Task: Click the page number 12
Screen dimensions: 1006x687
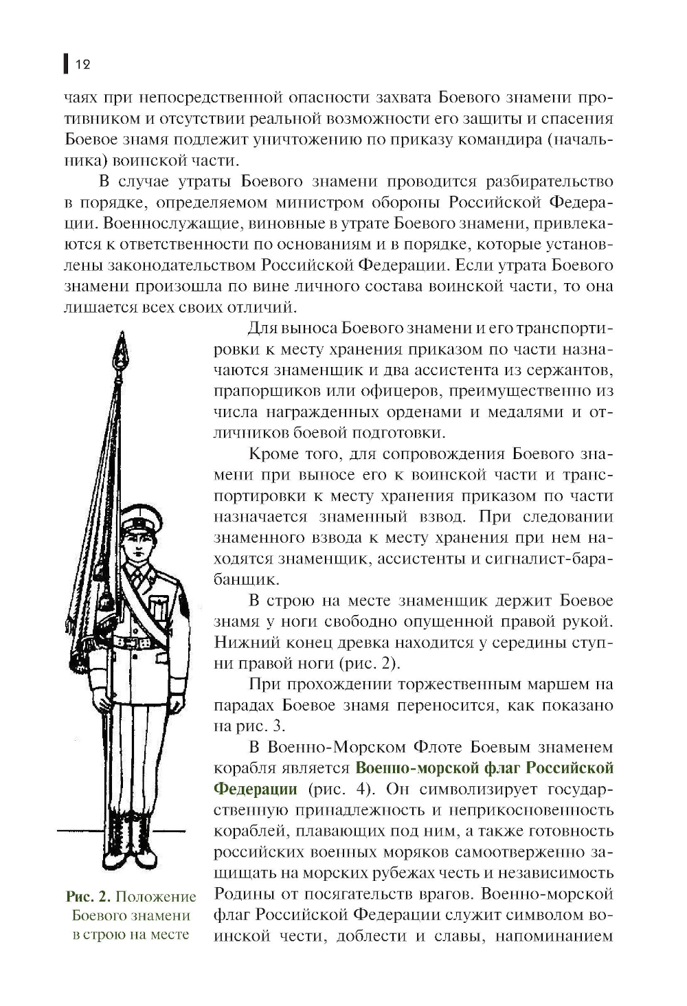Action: coord(82,65)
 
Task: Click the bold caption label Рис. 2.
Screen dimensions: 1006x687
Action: coord(88,897)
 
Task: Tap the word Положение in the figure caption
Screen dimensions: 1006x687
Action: coord(156,897)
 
